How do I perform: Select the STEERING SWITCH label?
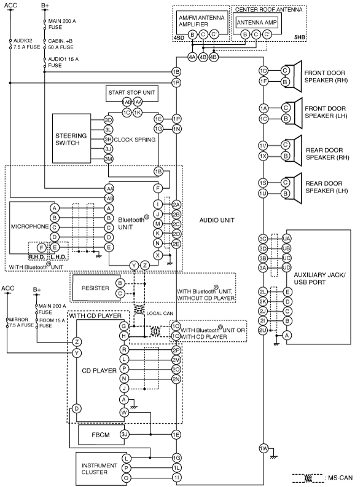[71, 139]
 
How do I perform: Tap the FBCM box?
[100, 435]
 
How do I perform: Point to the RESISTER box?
[96, 288]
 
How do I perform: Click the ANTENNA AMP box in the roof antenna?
[257, 22]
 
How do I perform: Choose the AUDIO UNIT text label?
[217, 220]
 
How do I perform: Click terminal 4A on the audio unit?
[192, 57]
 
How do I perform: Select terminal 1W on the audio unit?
[263, 448]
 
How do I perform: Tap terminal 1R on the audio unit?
[176, 82]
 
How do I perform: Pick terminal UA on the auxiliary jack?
[286, 239]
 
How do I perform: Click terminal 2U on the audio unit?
[263, 330]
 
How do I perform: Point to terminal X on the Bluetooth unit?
[158, 255]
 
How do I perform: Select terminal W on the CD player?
[124, 412]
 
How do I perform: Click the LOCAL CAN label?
[160, 314]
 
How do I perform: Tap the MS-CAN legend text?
[340, 478]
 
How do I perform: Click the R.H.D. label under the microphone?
[37, 257]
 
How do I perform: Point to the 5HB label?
[299, 38]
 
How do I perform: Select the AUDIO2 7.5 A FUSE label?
[26, 44]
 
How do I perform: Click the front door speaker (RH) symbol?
[296, 76]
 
